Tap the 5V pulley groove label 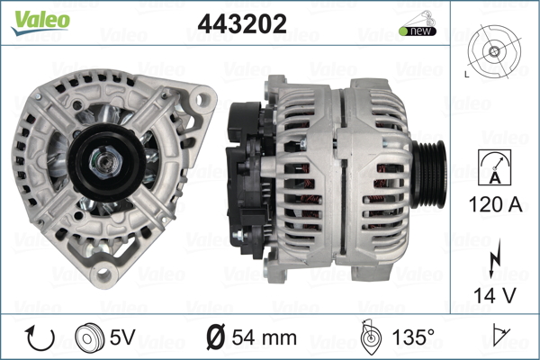click(123, 338)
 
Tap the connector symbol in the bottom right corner click(499, 338)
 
